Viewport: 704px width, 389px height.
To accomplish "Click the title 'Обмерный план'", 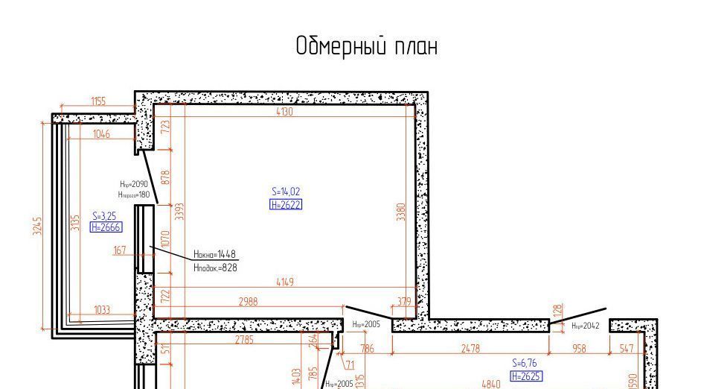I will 366,46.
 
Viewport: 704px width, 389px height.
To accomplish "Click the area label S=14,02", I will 286,192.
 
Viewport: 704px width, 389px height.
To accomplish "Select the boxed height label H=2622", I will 286,205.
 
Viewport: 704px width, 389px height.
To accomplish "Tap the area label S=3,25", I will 104,215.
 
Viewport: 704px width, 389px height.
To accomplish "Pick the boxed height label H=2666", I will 106,228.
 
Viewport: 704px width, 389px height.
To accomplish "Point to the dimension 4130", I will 284,113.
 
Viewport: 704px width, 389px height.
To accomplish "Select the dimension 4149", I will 284,282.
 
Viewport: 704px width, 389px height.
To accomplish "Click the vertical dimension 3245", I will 38,225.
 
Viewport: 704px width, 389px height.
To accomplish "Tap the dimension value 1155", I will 98,102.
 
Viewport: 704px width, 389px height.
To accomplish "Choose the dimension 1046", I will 101,134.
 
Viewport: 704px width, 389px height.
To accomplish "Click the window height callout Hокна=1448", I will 215,254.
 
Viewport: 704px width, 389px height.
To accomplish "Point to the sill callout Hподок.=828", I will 215,267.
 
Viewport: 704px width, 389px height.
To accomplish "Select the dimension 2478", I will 470,349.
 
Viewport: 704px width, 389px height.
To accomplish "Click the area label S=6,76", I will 525,363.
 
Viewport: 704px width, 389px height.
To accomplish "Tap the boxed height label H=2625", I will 526,376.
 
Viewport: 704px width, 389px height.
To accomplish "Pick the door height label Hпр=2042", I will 585,326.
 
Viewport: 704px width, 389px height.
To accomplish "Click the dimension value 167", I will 120,250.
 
